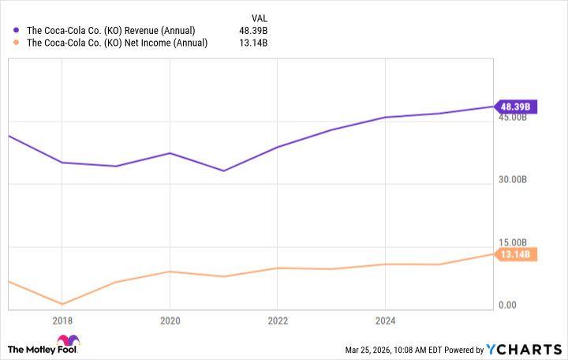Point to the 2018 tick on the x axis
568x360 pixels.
click(x=62, y=321)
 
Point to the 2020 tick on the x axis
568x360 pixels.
click(x=170, y=321)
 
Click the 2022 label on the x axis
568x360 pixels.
click(x=277, y=321)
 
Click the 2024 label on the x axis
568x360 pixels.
click(x=384, y=321)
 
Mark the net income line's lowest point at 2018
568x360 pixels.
click(x=62, y=304)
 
